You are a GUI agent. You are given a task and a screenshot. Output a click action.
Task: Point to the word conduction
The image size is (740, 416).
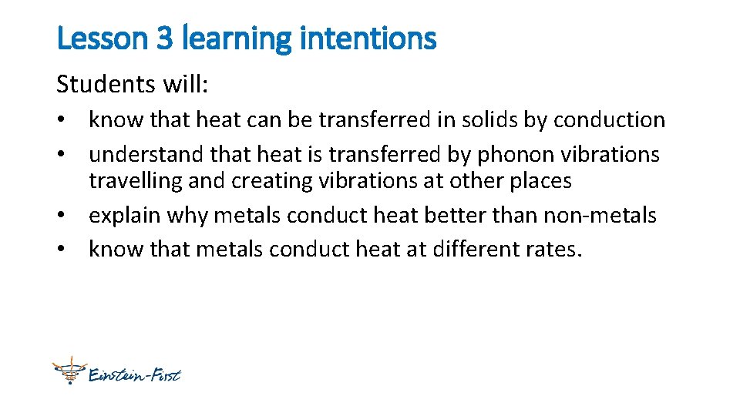pos(609,120)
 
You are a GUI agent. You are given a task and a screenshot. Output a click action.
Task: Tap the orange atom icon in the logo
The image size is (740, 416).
pos(69,371)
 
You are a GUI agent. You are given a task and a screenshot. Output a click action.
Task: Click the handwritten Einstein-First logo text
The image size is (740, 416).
pos(136,375)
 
